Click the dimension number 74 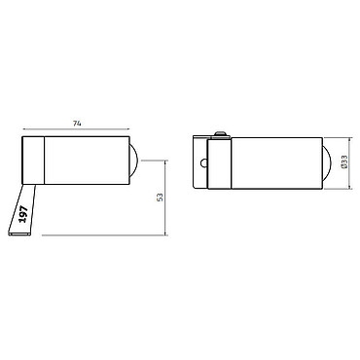[77, 124]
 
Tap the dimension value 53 [160, 198]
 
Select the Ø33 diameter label [344, 162]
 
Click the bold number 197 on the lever [23, 214]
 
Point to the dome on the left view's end [134, 161]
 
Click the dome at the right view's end [326, 163]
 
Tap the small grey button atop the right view [222, 133]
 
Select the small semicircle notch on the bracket [203, 163]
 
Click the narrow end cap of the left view [33, 161]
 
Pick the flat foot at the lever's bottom [19, 234]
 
